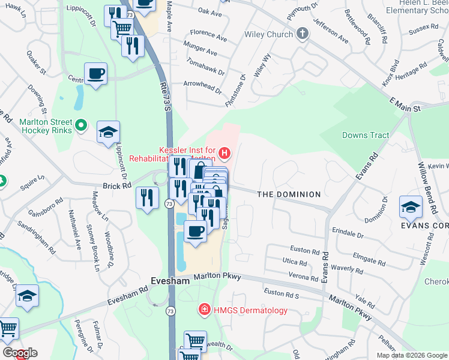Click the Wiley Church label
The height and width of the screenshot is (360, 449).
[x=268, y=34]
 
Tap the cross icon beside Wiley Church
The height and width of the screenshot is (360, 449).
[x=303, y=34]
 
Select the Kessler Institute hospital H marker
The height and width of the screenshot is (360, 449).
[x=224, y=154]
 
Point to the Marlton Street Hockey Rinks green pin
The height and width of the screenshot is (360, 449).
[x=83, y=126]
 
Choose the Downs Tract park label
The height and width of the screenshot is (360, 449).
[x=366, y=136]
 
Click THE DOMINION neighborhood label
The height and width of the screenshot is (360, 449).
[x=289, y=195]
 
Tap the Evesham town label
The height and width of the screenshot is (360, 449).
[x=165, y=280]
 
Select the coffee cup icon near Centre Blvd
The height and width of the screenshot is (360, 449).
[x=96, y=74]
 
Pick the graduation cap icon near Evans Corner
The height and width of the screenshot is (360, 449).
[x=411, y=207]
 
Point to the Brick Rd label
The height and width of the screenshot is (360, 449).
[x=116, y=186]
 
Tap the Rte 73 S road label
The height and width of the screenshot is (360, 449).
[x=166, y=96]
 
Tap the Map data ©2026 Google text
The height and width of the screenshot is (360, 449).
[x=412, y=355]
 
